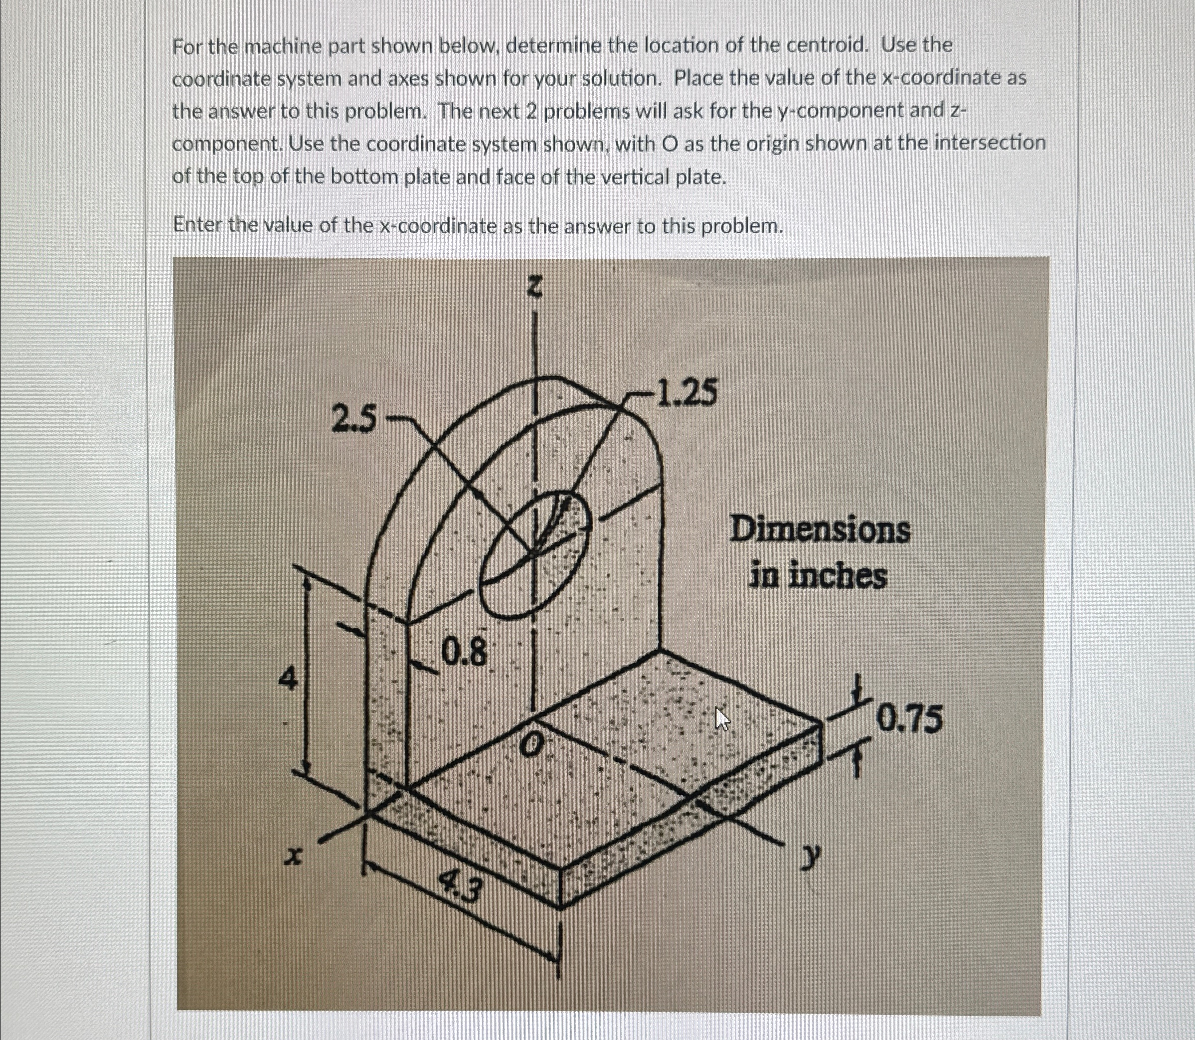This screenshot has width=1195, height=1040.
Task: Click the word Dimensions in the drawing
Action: click(820, 531)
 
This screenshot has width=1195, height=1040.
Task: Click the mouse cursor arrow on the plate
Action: click(722, 719)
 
